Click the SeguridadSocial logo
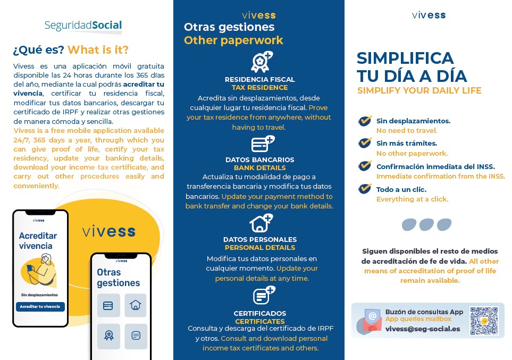(x=83, y=25)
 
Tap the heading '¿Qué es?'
(x=38, y=50)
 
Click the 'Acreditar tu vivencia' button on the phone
(x=40, y=307)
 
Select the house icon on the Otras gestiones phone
(x=136, y=305)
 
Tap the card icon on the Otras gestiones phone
(x=108, y=305)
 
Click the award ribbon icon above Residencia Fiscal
(x=261, y=62)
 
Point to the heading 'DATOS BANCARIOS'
(x=259, y=160)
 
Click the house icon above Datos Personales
(x=261, y=223)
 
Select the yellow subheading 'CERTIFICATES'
(x=260, y=321)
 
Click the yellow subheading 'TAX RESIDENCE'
(x=259, y=87)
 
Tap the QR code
(x=484, y=321)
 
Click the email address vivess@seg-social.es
(x=423, y=329)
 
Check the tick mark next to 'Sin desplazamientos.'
(x=365, y=121)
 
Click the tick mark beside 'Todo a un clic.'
(x=365, y=189)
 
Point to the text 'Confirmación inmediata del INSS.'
(x=435, y=166)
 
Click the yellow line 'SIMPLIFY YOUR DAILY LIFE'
(x=419, y=90)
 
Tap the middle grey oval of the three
(x=426, y=224)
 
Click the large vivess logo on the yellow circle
(x=108, y=232)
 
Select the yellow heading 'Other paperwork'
(x=233, y=40)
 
